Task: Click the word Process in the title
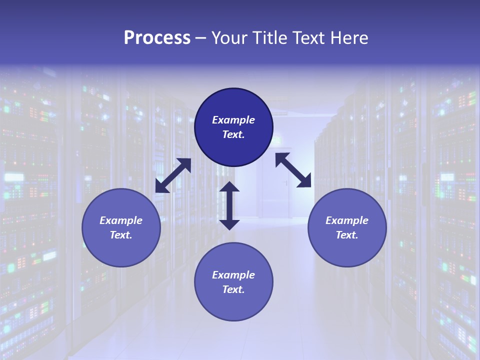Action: pyautogui.click(x=157, y=38)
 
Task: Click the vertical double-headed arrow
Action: pyautogui.click(x=229, y=205)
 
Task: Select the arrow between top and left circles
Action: pyautogui.click(x=173, y=175)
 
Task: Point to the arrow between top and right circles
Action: pyautogui.click(x=293, y=170)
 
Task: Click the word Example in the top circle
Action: pyautogui.click(x=233, y=120)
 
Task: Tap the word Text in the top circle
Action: pyautogui.click(x=233, y=134)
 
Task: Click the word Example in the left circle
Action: pyautogui.click(x=121, y=220)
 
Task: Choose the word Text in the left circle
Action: pyautogui.click(x=120, y=235)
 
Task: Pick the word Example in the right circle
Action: pyautogui.click(x=347, y=220)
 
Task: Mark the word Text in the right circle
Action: pyautogui.click(x=346, y=235)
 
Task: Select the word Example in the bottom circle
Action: pyautogui.click(x=233, y=275)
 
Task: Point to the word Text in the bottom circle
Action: pyautogui.click(x=233, y=289)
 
